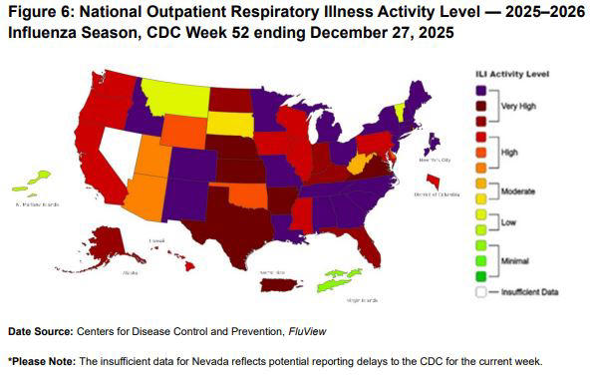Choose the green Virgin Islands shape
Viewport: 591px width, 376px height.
[340, 280]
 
